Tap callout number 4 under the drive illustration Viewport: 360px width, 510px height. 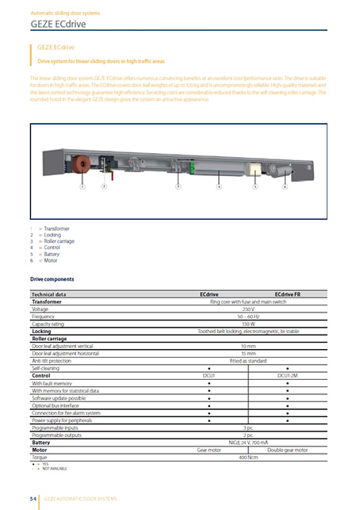218,187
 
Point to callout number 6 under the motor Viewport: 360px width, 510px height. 284,187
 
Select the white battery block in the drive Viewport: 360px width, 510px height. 255,169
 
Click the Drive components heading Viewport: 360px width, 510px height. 52,279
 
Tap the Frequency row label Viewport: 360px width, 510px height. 45,316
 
